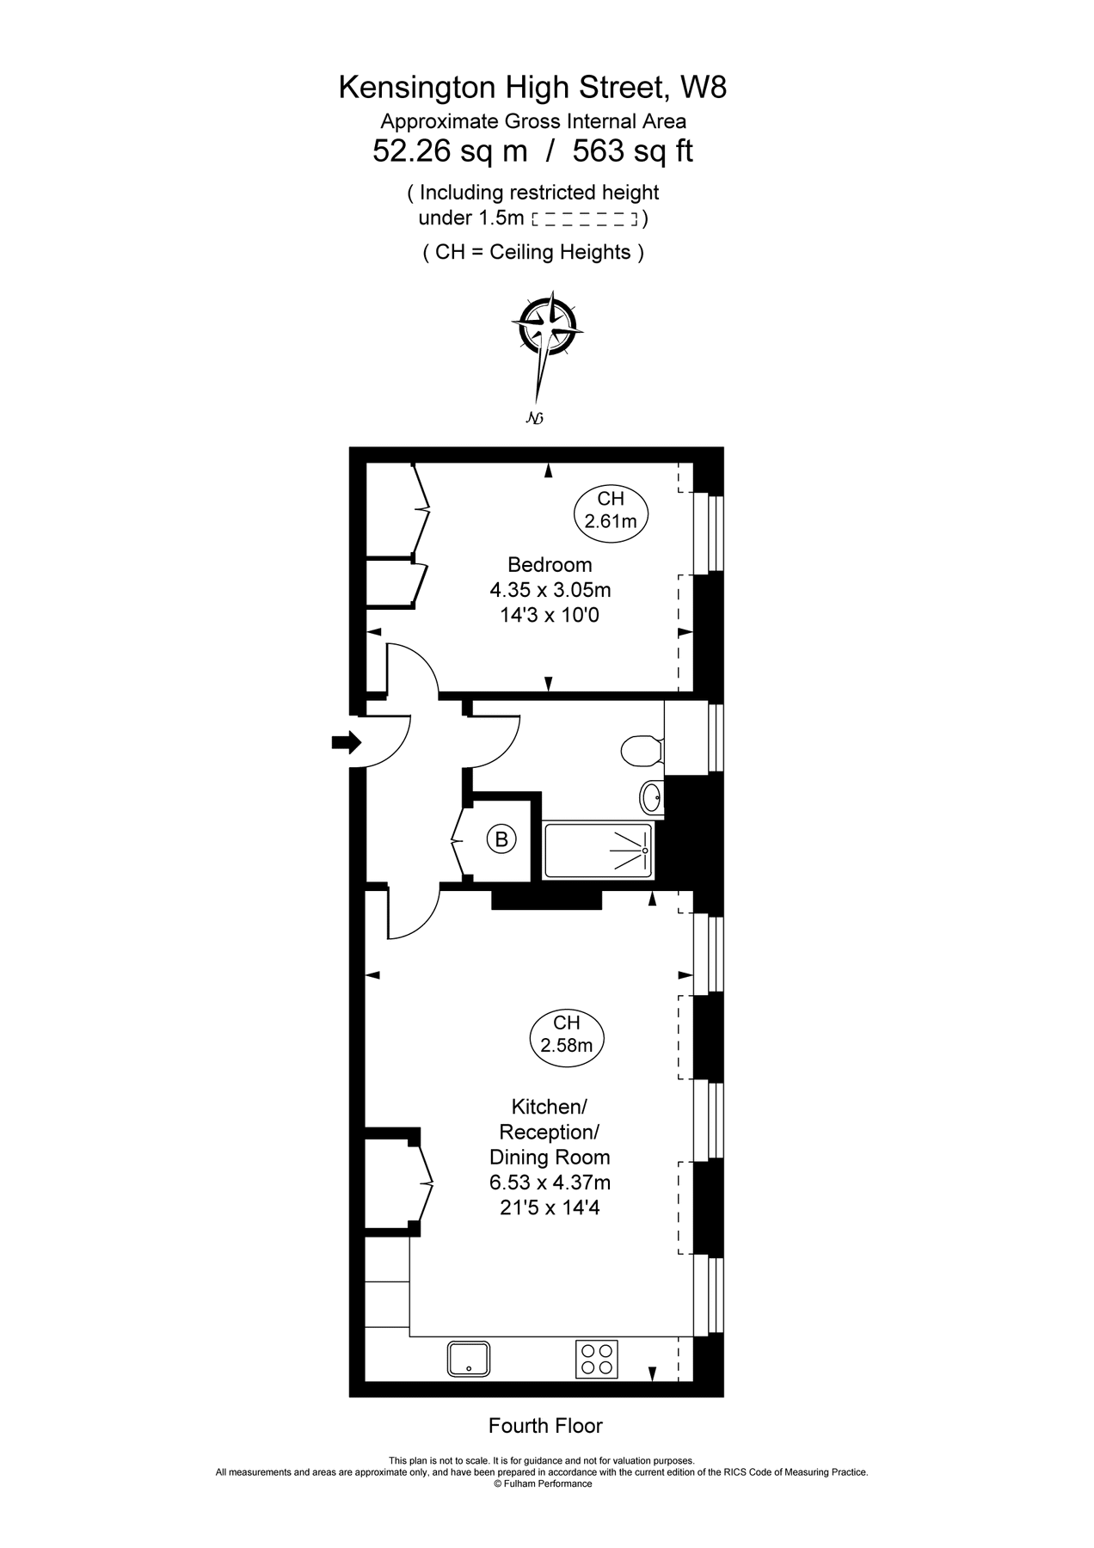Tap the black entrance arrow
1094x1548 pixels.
click(347, 742)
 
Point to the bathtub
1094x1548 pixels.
click(598, 851)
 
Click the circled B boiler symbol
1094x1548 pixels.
click(501, 838)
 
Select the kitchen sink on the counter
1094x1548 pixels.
click(469, 1359)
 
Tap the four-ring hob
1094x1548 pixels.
click(596, 1359)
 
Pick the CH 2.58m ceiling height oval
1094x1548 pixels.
click(567, 1034)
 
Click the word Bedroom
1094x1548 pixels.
click(550, 565)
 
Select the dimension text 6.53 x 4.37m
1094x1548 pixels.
click(550, 1182)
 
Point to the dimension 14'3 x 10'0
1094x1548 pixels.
click(550, 615)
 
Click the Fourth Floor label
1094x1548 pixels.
click(545, 1426)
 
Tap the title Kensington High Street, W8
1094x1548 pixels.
click(533, 87)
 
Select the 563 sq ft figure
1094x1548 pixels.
click(633, 151)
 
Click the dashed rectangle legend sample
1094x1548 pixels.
click(585, 219)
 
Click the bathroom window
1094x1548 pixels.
click(715, 737)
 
